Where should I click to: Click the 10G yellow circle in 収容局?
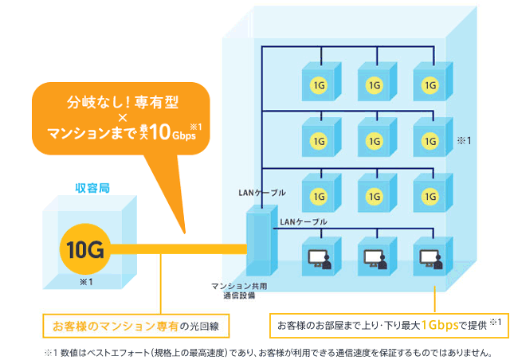[x=85, y=251]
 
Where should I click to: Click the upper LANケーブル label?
[x=261, y=193]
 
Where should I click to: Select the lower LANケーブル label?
[x=304, y=221]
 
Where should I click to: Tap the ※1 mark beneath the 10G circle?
[x=85, y=281]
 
